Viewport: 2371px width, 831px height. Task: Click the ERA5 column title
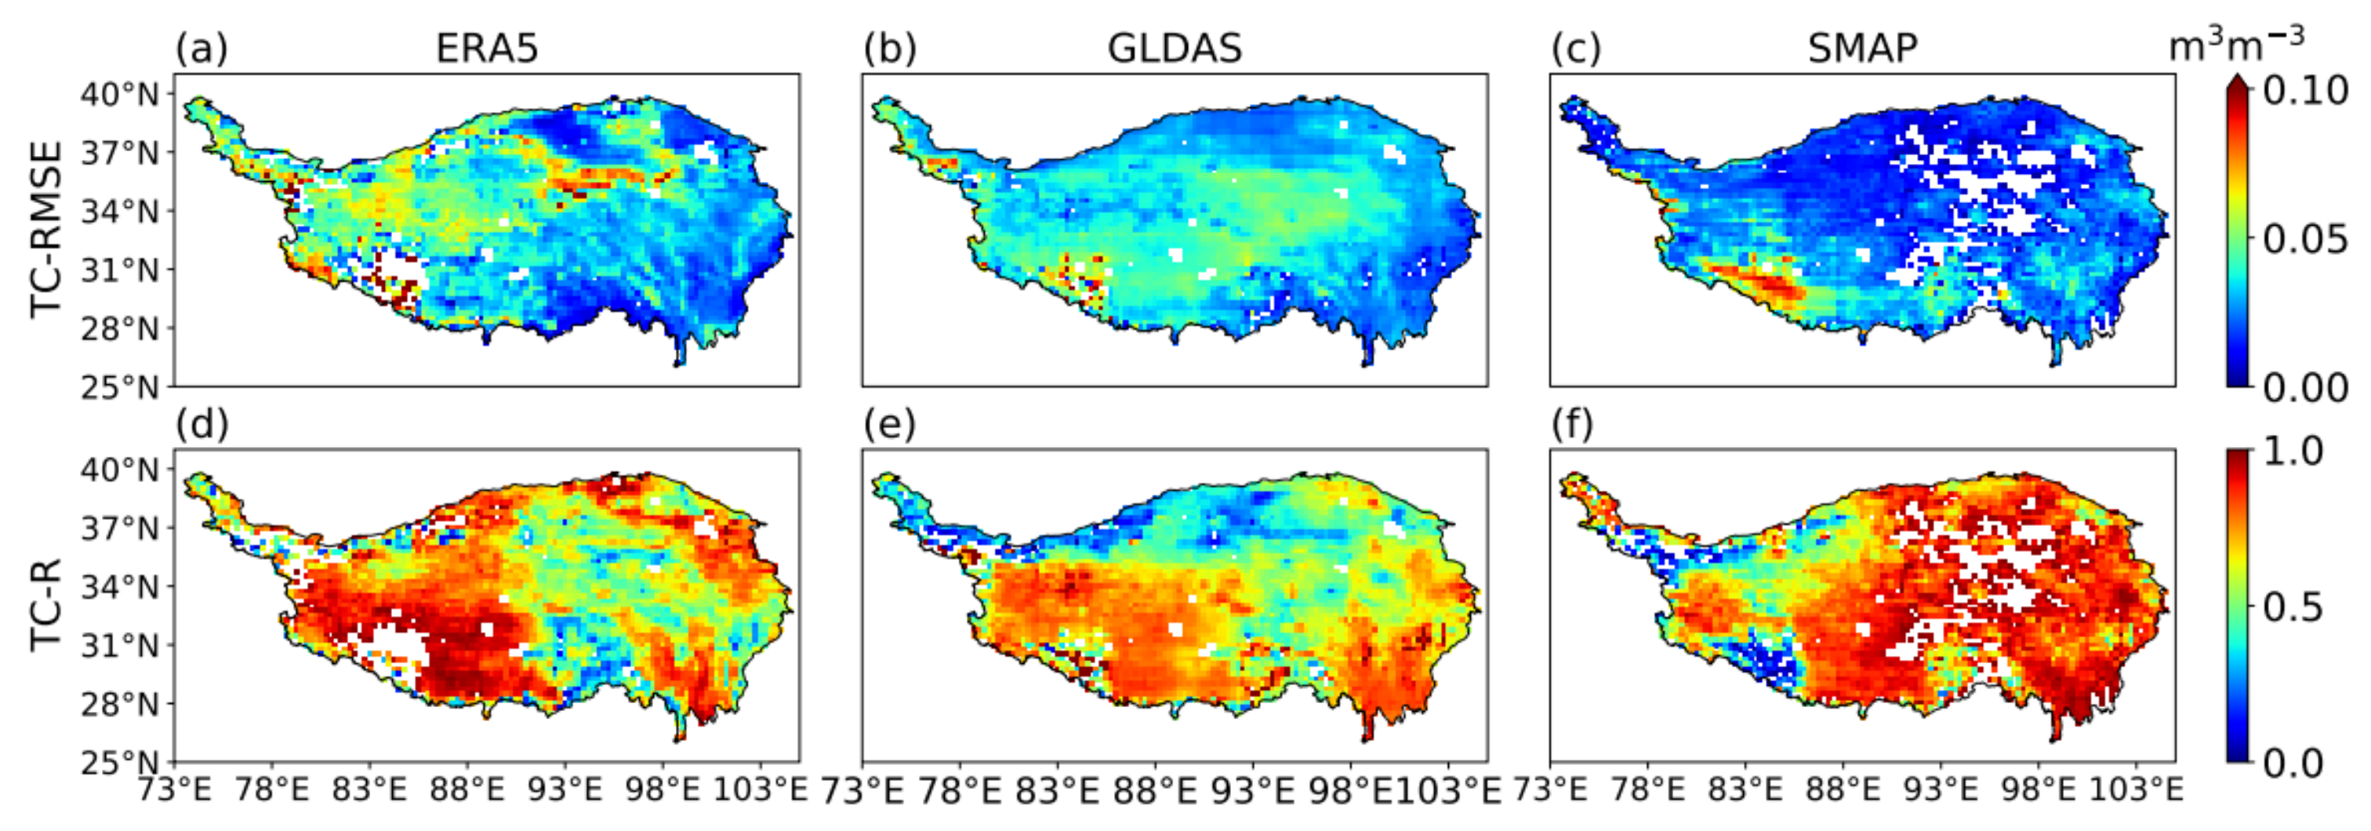pyautogui.click(x=486, y=48)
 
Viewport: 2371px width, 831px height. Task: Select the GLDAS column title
pyautogui.click(x=1175, y=48)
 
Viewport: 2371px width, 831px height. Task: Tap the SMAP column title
pyautogui.click(x=1862, y=48)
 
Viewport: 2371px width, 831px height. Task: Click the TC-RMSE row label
pyautogui.click(x=46, y=229)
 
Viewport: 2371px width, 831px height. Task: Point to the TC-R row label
pyautogui.click(x=46, y=604)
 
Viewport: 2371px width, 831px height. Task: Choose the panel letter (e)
pyautogui.click(x=889, y=424)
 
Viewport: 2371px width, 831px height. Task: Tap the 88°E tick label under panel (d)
pyautogui.click(x=467, y=790)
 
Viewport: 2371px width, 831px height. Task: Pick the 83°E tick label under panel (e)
pyautogui.click(x=1057, y=790)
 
